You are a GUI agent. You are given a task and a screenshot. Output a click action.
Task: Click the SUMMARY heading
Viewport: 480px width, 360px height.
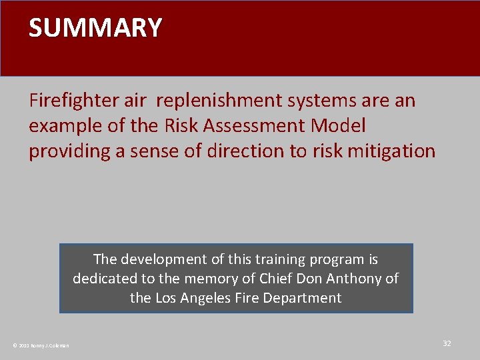point(95,28)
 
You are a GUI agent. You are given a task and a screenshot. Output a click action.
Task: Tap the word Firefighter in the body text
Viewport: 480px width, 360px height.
point(73,101)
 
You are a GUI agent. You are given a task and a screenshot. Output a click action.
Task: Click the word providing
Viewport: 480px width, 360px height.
point(69,151)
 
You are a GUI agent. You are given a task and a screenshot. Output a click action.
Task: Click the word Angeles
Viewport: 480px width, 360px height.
point(207,298)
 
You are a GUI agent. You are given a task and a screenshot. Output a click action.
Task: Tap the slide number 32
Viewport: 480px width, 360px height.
point(447,343)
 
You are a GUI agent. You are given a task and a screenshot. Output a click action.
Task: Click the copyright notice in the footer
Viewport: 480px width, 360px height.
point(41,345)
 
